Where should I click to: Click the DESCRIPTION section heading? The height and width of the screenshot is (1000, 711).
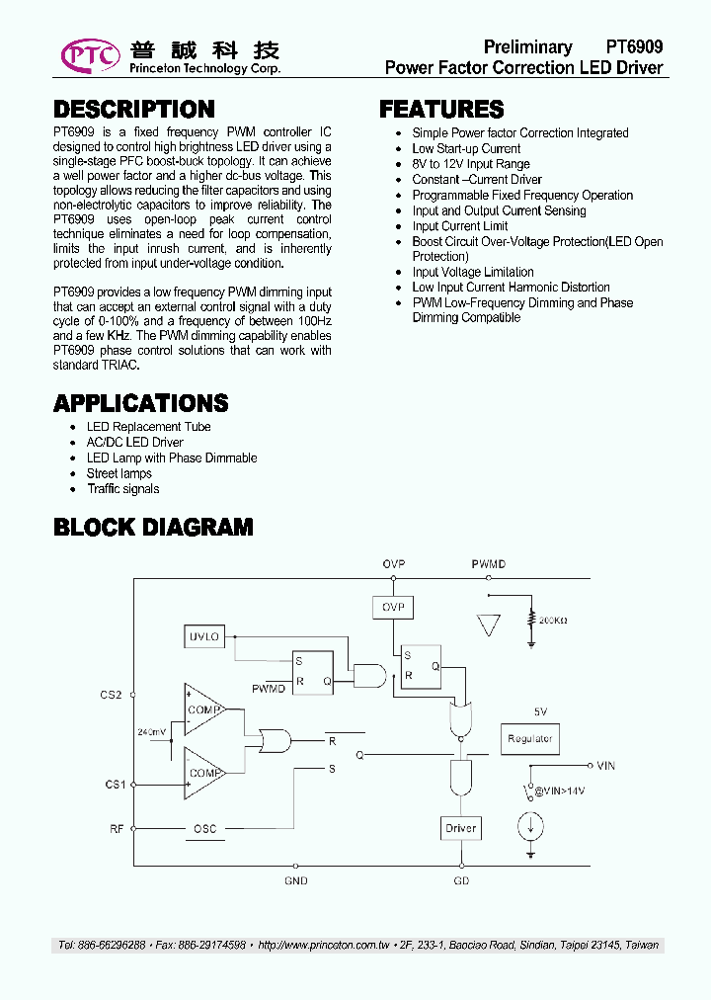(x=133, y=110)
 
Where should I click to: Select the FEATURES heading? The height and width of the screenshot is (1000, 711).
(x=441, y=110)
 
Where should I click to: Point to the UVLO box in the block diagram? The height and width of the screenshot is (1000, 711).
(x=204, y=637)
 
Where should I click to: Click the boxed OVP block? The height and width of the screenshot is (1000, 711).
(x=393, y=607)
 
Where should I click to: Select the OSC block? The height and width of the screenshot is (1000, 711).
(x=204, y=829)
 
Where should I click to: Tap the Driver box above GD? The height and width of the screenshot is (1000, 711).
(x=460, y=828)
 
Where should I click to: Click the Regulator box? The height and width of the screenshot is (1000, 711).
(x=530, y=738)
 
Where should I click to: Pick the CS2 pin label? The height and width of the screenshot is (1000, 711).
(x=112, y=695)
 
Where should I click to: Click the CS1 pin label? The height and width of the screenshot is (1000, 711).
(x=116, y=785)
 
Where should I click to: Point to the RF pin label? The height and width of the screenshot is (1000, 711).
(x=117, y=829)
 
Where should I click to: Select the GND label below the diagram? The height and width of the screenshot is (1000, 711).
(x=296, y=880)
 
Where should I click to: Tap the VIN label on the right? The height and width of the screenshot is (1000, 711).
(x=605, y=766)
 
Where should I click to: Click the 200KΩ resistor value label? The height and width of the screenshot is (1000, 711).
(x=553, y=621)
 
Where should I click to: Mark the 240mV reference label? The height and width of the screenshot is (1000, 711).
(x=152, y=732)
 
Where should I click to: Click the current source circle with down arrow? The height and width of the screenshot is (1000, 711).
(x=531, y=825)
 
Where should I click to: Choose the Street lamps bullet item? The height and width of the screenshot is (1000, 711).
(x=119, y=473)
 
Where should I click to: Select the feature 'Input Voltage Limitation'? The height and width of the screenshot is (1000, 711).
(x=473, y=272)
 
